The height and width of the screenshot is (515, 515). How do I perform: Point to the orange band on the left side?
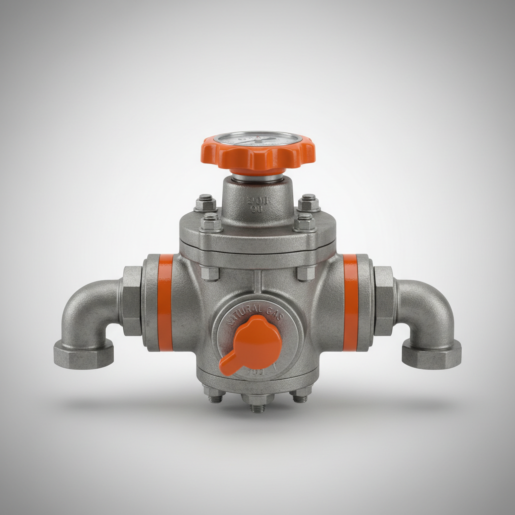pos(165,302)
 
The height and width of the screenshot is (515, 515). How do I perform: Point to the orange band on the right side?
pos(351,302)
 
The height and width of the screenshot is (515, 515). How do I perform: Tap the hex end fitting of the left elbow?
pos(83,353)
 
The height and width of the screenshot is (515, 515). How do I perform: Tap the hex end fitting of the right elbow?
pos(432,353)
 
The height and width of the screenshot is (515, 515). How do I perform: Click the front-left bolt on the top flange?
pos(211,223)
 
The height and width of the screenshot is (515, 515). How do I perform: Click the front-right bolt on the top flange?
pos(304,222)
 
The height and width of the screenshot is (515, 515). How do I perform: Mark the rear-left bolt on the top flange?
pos(205,203)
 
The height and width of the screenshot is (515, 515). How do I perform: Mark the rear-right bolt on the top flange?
pos(308,203)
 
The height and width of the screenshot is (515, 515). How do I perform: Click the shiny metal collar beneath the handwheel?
pos(257,177)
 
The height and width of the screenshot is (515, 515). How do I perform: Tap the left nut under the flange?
pos(210,273)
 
